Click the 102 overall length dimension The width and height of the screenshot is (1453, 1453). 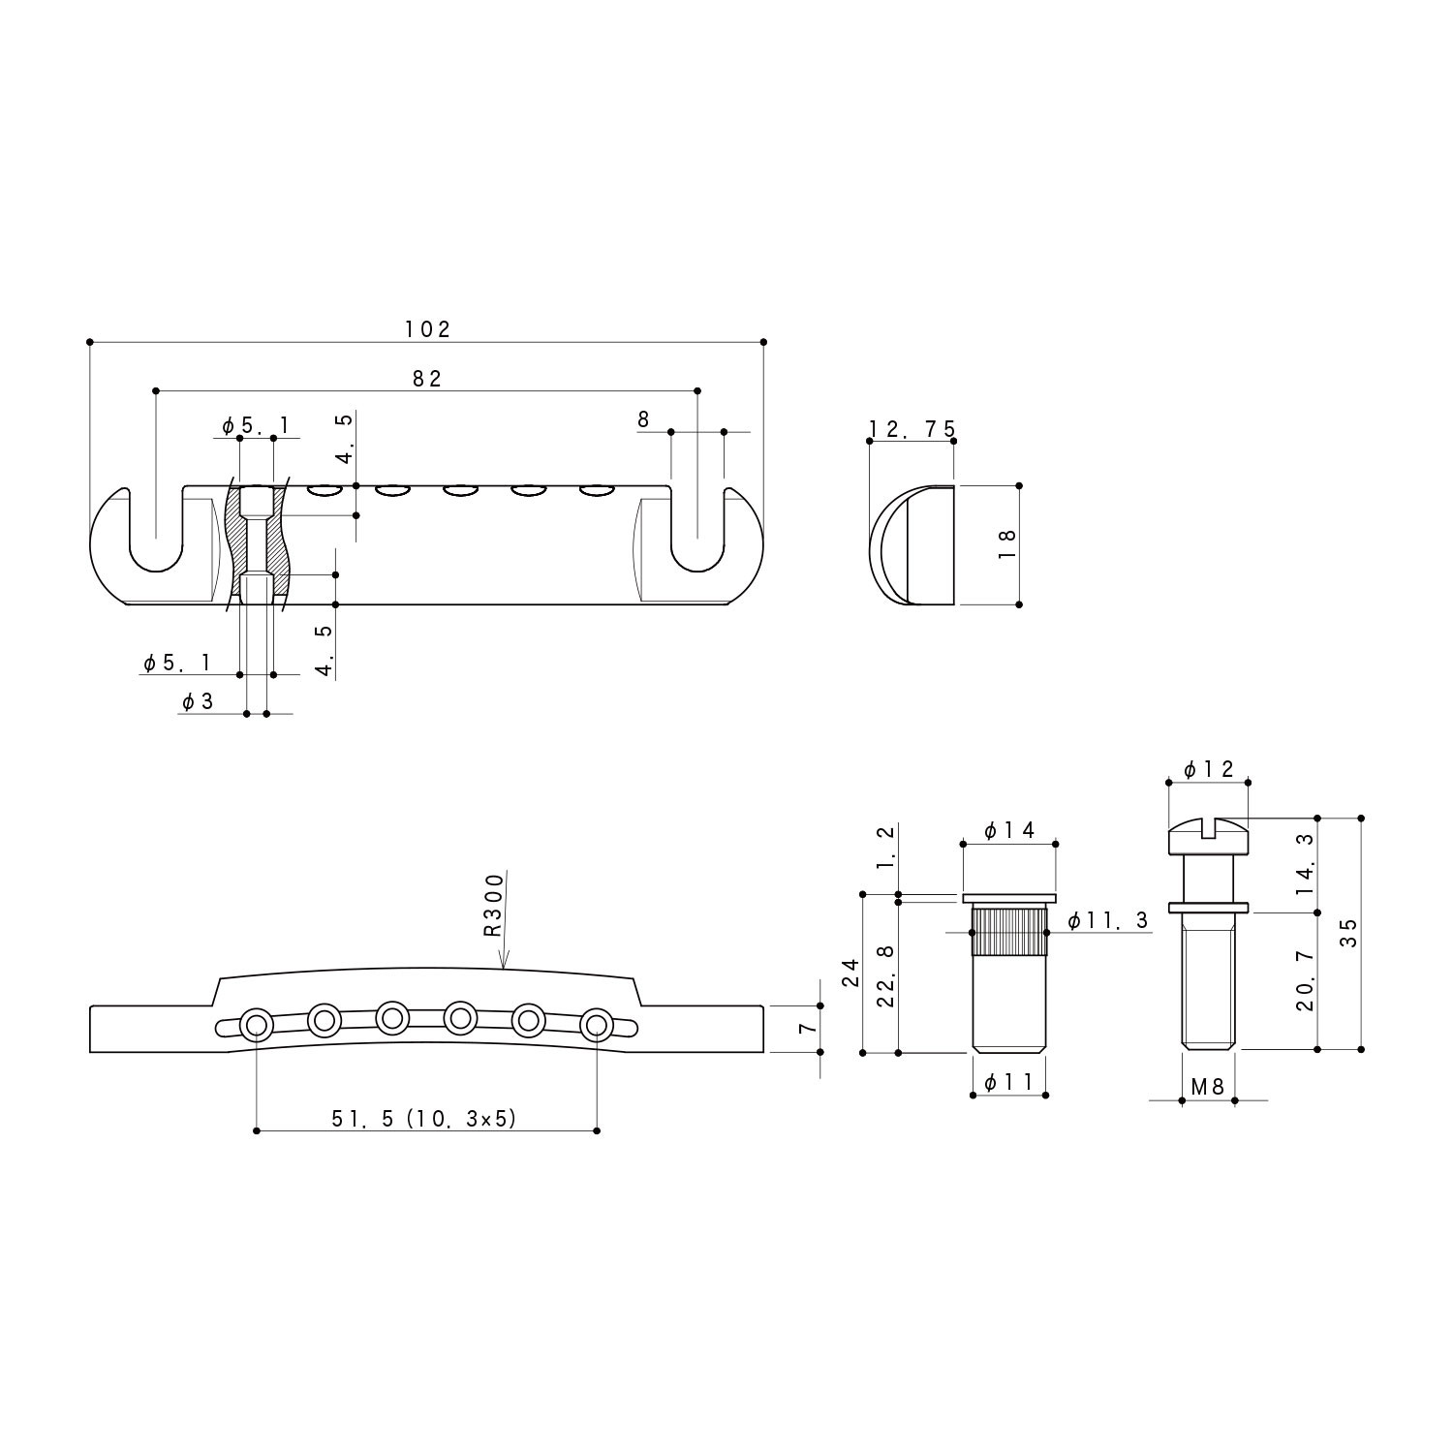click(427, 329)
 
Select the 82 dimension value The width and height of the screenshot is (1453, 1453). click(426, 379)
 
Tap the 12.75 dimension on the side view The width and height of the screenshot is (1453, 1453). click(912, 429)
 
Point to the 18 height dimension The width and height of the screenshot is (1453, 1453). click(1005, 543)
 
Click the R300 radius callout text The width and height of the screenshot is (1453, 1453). click(494, 905)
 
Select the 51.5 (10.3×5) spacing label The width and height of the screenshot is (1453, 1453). click(424, 1119)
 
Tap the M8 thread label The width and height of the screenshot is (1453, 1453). click(1207, 1087)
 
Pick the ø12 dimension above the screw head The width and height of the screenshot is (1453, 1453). click(1209, 769)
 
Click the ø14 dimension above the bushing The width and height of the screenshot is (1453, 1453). click(1009, 830)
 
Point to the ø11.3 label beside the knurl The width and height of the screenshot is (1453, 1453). click(1108, 920)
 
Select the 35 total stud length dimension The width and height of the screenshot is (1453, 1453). click(1348, 932)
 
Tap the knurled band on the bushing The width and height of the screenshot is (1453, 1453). click(1008, 932)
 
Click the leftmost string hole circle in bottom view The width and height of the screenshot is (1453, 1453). click(257, 1023)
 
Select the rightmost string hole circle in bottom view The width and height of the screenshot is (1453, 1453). click(597, 1023)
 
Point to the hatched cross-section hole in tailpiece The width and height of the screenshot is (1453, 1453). click(257, 542)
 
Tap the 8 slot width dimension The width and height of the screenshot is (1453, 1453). click(643, 419)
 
